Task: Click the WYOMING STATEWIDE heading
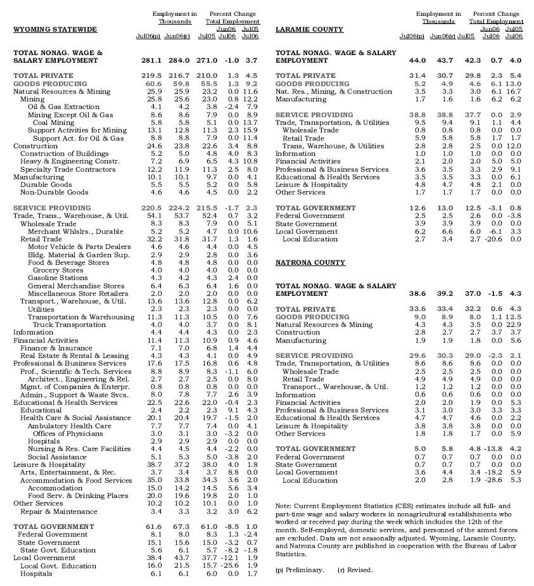click(x=55, y=30)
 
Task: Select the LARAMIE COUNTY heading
click(x=310, y=30)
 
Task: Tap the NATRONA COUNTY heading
click(x=308, y=262)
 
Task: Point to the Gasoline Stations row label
click(x=58, y=278)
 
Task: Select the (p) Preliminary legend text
click(x=300, y=570)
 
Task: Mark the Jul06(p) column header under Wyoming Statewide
click(x=148, y=37)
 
